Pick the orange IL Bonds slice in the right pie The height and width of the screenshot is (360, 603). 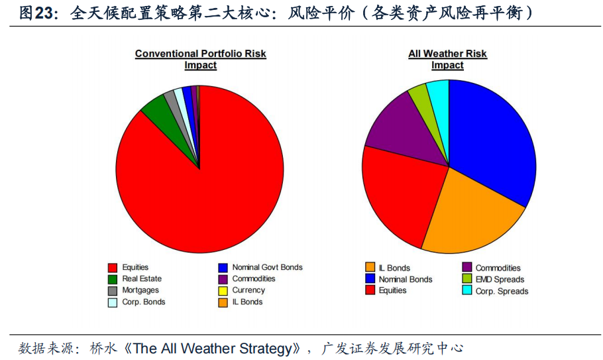click(473, 215)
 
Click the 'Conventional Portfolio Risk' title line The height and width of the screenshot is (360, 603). click(200, 54)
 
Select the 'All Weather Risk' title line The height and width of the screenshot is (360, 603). click(448, 54)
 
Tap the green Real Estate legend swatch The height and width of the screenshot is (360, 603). click(113, 279)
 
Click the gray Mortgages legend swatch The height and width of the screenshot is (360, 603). click(113, 291)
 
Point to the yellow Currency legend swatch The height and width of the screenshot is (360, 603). click(223, 291)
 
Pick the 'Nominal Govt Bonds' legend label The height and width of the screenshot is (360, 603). click(267, 267)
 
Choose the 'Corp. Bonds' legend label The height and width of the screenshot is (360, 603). click(143, 302)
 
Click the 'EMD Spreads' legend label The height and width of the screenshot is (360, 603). click(500, 280)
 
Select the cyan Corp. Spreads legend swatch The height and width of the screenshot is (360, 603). click(467, 290)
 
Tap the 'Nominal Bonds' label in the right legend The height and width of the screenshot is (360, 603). click(406, 280)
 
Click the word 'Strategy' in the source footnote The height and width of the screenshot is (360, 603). click(265, 349)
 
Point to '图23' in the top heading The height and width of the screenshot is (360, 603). click(36, 13)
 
